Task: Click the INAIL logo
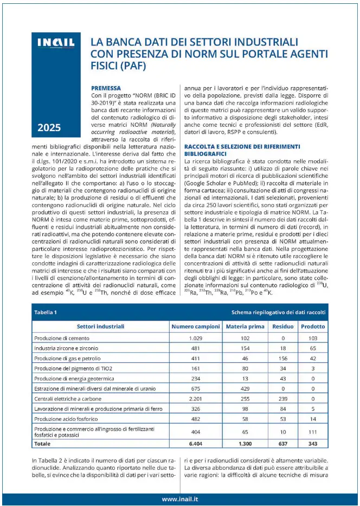pos(55,43)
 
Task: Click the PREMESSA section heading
pos(106,87)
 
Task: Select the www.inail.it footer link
pos(179,498)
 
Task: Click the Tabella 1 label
pos(46,313)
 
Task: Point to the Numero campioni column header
pos(196,327)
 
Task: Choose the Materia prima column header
pos(245,327)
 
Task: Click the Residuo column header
pos(282,327)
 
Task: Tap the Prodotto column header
pos(313,327)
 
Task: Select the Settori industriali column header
pos(100,327)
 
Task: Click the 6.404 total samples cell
pos(196,444)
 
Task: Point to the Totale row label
pos(43,444)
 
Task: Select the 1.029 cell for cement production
pos(196,338)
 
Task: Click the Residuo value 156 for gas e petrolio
pos(282,359)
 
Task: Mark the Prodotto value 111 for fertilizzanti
pos(313,432)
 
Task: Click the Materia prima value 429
pos(245,389)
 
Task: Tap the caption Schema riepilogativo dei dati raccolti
pos(278,313)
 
